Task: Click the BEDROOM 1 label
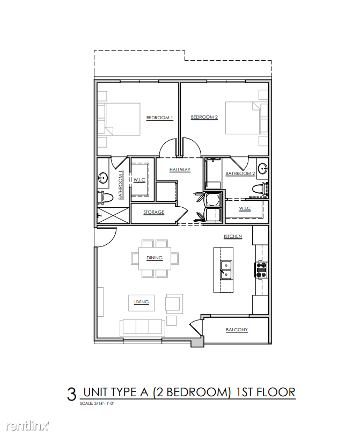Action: click(x=159, y=118)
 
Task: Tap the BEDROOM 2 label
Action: click(x=204, y=117)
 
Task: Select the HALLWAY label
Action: click(x=180, y=170)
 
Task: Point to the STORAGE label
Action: click(x=153, y=213)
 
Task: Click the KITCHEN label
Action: click(x=233, y=236)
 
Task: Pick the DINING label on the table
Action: click(x=155, y=258)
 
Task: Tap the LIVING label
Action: click(x=141, y=302)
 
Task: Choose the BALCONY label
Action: click(x=237, y=330)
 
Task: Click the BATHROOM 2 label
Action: click(x=240, y=173)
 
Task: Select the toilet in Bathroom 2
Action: click(x=260, y=188)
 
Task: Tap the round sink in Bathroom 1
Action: click(x=103, y=177)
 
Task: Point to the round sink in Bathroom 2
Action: click(x=262, y=168)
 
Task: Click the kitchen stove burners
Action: click(x=262, y=270)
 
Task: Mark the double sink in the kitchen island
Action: click(x=226, y=270)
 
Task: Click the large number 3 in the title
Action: click(x=72, y=395)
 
